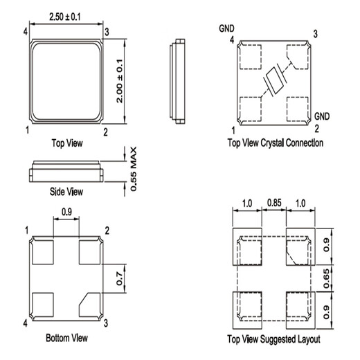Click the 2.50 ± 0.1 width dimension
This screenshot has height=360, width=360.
point(65,17)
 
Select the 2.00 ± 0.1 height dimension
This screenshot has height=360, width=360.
point(120,81)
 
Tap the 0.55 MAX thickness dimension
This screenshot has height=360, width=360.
point(134,169)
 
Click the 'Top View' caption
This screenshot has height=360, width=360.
point(67,143)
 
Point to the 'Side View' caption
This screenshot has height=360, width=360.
point(66,192)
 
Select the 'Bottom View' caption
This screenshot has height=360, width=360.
point(66,338)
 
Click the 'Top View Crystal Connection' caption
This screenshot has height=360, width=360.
point(276,143)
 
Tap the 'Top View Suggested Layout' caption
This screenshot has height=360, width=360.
point(273,339)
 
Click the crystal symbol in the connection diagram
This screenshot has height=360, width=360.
point(275,80)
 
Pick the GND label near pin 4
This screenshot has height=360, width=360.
point(226,28)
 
